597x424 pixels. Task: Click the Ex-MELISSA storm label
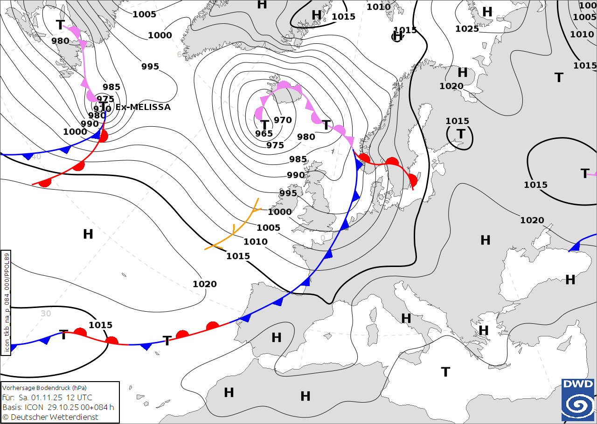click(x=143, y=107)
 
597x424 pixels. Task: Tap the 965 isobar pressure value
click(x=264, y=134)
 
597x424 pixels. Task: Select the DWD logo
click(x=578, y=400)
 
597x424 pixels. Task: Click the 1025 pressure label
click(x=467, y=29)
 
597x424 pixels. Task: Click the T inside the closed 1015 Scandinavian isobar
click(x=461, y=134)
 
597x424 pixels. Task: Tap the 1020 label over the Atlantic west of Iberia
click(x=205, y=284)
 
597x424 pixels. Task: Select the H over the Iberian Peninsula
click(x=277, y=337)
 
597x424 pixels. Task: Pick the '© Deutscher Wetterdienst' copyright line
click(x=50, y=417)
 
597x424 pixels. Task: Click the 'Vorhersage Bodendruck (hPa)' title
click(x=44, y=388)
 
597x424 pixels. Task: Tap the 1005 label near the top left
click(x=144, y=14)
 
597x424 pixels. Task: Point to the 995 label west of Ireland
click(x=288, y=193)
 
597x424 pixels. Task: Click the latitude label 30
click(x=45, y=314)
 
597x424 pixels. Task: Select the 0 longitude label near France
click(x=322, y=238)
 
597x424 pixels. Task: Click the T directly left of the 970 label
click(x=264, y=125)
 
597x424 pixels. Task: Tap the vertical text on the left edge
click(x=7, y=303)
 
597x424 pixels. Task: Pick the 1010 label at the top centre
click(x=378, y=7)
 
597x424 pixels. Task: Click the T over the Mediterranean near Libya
click(x=445, y=372)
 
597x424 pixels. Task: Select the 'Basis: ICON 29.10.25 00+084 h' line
click(x=58, y=407)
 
